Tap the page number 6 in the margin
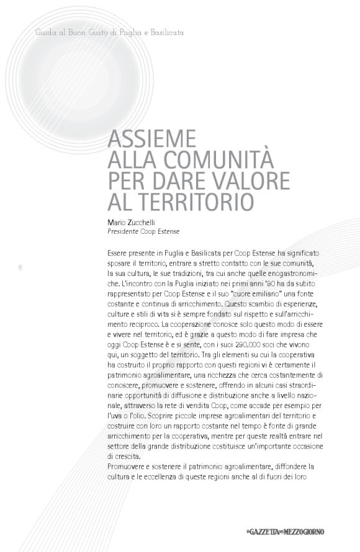point(20,268)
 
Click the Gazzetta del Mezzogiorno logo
point(284,531)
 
